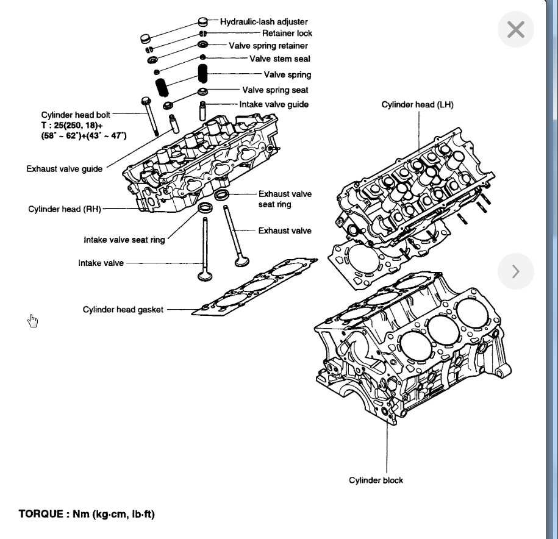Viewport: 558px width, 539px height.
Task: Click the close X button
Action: (x=515, y=29)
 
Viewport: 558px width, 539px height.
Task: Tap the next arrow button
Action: (x=515, y=271)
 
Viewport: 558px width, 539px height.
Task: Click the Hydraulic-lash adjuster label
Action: (x=264, y=21)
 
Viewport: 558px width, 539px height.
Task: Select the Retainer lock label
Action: (x=287, y=33)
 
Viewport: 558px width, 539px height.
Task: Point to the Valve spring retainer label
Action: (x=268, y=46)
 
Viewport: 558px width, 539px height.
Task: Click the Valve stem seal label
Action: (x=279, y=59)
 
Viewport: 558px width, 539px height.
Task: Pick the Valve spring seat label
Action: (x=275, y=90)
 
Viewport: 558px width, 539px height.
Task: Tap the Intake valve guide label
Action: (x=274, y=104)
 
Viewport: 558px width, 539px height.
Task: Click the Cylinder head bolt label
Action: (x=76, y=115)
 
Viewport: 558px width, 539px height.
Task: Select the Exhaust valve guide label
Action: (x=65, y=168)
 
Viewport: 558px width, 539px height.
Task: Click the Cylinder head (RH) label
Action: (x=65, y=209)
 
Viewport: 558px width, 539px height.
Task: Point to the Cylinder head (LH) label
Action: (x=418, y=105)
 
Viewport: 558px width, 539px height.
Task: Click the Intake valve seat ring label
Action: (x=124, y=240)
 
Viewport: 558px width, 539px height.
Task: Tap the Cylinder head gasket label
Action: (x=123, y=310)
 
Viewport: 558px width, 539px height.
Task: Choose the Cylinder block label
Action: (x=376, y=480)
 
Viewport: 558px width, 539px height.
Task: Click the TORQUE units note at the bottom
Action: (x=87, y=514)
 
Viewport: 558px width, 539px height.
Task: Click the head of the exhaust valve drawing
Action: (x=241, y=261)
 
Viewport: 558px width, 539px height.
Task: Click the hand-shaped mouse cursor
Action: (x=33, y=321)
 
